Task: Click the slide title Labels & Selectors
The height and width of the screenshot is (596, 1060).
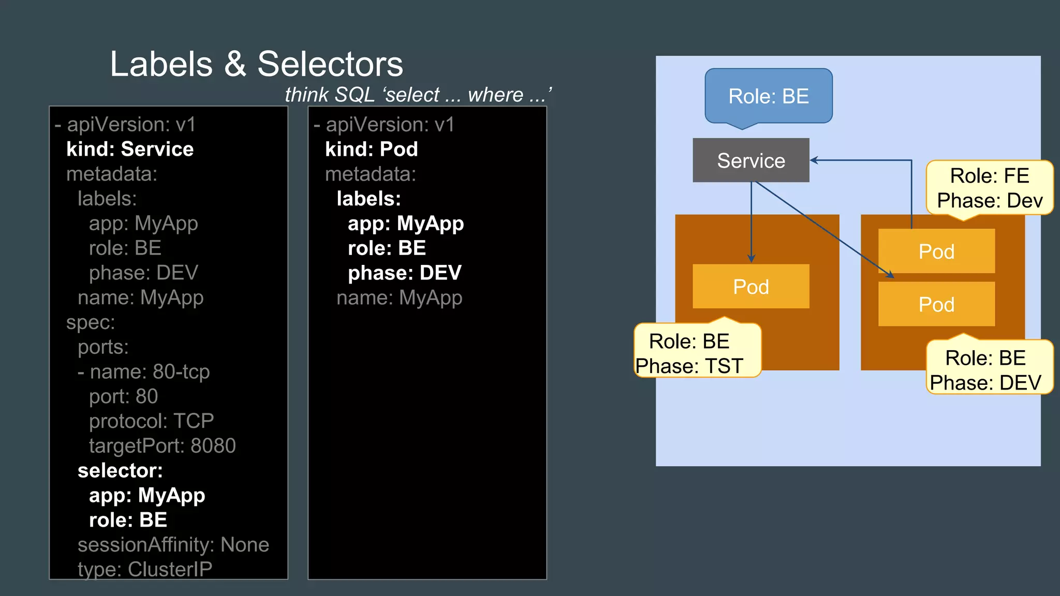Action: pos(256,64)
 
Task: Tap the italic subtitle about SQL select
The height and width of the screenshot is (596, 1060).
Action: pos(418,95)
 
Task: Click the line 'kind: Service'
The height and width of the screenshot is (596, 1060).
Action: pos(130,149)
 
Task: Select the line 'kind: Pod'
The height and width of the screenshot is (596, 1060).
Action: pos(371,149)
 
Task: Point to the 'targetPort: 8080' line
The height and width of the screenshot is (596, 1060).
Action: pos(162,445)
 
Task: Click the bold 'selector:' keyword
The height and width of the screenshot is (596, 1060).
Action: pos(120,470)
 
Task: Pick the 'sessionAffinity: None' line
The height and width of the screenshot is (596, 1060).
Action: pos(173,544)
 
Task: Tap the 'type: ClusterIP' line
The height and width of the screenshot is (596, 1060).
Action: pos(145,569)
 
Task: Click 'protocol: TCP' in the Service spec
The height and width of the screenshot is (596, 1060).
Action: pos(151,421)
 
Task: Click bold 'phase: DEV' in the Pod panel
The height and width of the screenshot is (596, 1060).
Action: pos(404,273)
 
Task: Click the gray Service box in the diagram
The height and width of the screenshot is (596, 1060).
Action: pos(750,160)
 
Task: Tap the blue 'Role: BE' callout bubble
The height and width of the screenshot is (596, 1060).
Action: pos(768,96)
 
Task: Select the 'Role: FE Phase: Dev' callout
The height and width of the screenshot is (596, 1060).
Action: pos(989,188)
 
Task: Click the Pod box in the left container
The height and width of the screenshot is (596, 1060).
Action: pos(750,287)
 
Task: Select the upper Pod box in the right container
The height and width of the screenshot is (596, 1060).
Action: pos(936,251)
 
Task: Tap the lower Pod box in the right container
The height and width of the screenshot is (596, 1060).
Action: pos(936,304)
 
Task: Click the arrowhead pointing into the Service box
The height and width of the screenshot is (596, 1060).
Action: pos(814,160)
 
